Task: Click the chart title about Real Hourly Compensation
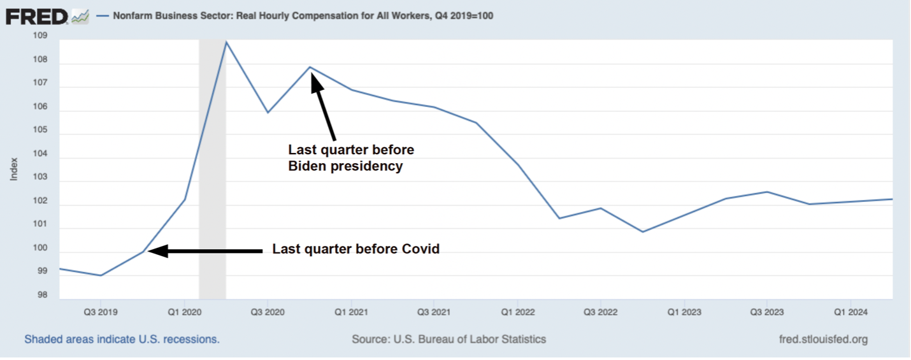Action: click(x=303, y=16)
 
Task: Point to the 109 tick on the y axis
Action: click(x=40, y=36)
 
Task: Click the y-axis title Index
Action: click(x=13, y=169)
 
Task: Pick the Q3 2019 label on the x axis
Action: click(x=100, y=312)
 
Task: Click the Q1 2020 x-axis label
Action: click(x=184, y=312)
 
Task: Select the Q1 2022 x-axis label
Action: click(x=517, y=312)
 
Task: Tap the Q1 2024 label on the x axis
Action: click(x=850, y=312)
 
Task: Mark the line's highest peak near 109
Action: click(x=226, y=42)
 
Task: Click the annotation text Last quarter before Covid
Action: click(x=356, y=249)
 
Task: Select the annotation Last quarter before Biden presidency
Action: click(x=351, y=158)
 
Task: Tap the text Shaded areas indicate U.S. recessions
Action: click(x=122, y=339)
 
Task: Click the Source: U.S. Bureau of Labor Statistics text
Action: click(x=448, y=339)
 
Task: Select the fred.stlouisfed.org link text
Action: click(x=823, y=339)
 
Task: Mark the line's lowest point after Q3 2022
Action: click(x=642, y=232)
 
